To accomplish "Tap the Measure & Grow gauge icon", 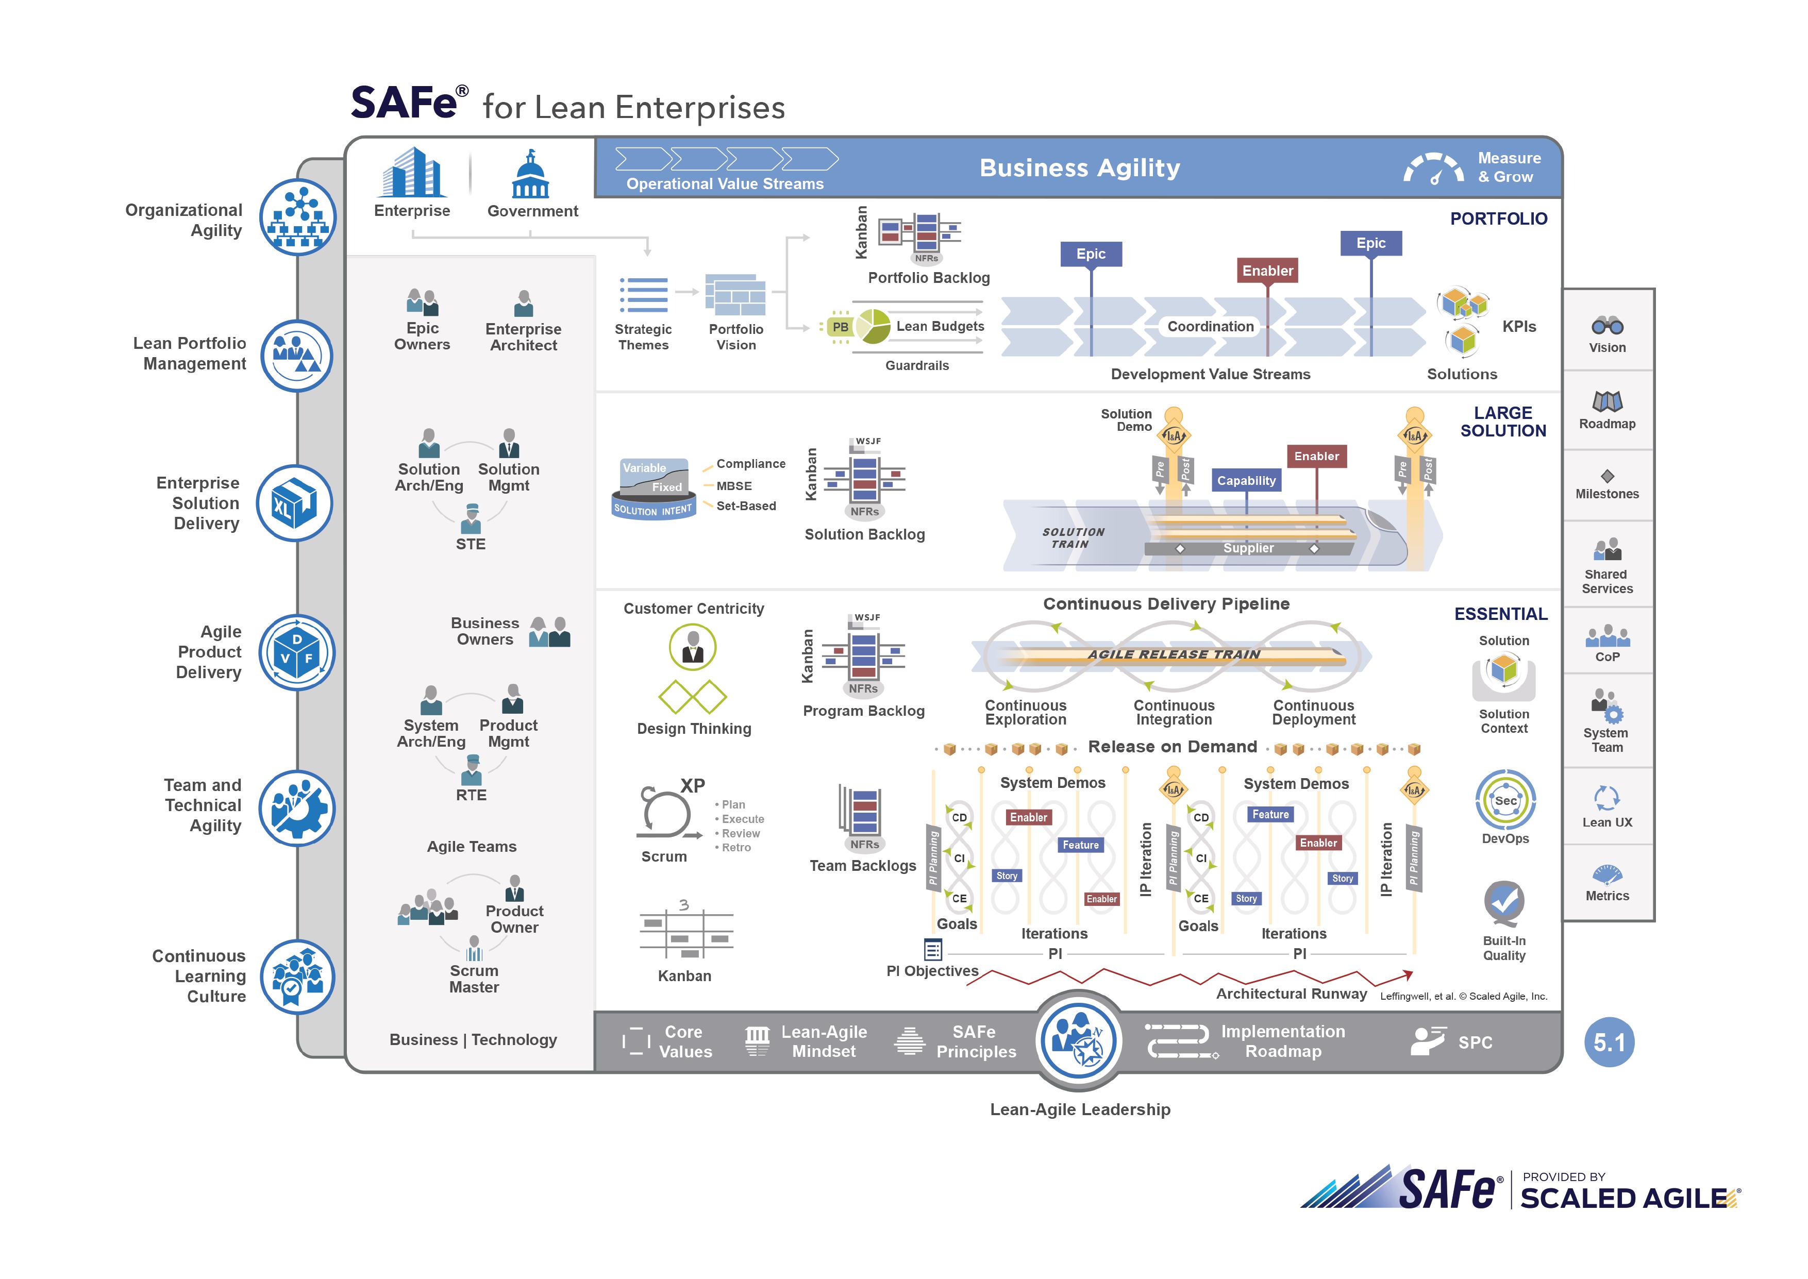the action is [x=1433, y=169].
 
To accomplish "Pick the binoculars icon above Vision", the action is [x=1607, y=325].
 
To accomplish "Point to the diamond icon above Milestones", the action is [x=1607, y=476].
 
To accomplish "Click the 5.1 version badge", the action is [x=1609, y=1042].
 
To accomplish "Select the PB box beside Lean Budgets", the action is [x=840, y=327].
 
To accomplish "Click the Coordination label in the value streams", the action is [x=1210, y=326].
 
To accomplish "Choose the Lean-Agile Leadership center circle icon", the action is [x=1079, y=1039].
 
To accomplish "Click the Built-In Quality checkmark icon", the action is [x=1503, y=902].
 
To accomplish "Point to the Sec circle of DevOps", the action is [x=1505, y=801].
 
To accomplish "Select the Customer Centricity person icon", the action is [x=692, y=647].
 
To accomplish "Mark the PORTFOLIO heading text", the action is [x=1499, y=219].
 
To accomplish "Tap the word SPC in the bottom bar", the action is [x=1475, y=1043].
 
